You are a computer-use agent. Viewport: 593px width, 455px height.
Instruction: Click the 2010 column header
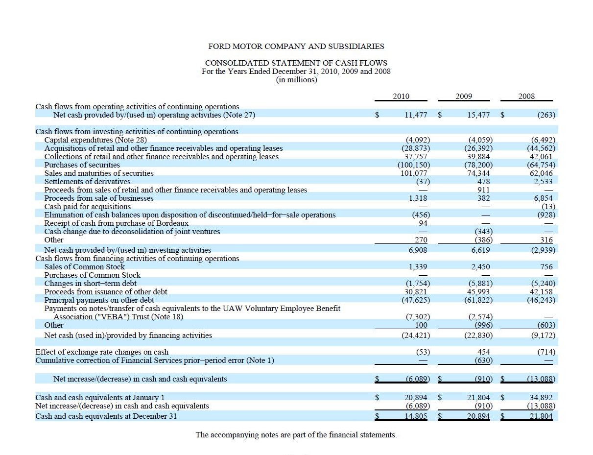401,96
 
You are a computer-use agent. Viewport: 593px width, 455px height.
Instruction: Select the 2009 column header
464,96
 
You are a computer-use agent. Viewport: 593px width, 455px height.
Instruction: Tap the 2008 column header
526,96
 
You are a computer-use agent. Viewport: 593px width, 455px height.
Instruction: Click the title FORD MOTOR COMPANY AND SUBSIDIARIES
296,47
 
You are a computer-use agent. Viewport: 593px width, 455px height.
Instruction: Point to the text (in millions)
296,80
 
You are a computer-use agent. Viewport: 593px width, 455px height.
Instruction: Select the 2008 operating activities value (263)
546,115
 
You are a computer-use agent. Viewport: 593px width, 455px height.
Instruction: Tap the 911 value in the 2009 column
484,190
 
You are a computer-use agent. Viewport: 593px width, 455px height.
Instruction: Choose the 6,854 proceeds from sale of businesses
543,198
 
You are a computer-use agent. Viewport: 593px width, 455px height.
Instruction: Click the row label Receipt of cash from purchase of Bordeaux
116,223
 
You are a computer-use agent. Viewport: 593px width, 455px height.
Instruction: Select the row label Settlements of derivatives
87,182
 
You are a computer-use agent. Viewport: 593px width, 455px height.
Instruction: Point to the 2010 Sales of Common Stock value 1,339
418,267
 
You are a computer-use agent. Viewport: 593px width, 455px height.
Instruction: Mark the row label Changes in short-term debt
90,284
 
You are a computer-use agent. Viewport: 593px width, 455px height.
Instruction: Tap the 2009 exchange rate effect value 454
484,352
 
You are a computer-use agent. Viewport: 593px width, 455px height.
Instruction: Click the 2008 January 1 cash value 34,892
541,398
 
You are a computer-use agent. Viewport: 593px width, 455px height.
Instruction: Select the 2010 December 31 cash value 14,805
416,416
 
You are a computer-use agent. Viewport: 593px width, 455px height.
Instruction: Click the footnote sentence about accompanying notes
296,435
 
